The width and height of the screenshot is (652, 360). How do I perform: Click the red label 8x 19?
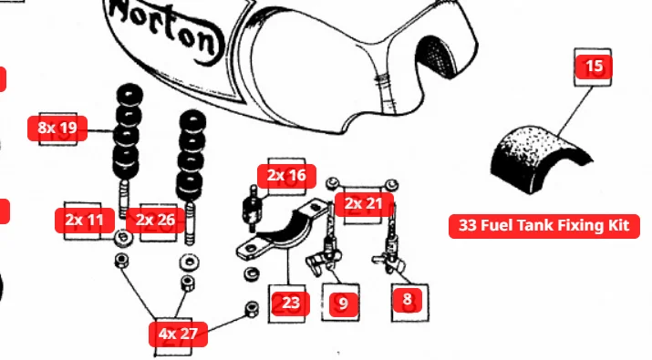[57, 128]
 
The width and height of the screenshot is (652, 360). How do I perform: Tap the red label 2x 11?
[85, 220]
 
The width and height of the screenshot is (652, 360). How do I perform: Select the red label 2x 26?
[155, 220]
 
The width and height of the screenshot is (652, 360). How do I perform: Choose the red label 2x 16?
[286, 176]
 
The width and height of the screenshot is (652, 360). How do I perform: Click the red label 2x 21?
[364, 204]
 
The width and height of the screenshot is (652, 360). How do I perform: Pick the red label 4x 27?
[178, 334]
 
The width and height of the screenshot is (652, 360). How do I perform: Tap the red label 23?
[290, 303]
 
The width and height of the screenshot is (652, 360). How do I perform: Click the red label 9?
[344, 303]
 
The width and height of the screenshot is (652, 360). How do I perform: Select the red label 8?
[407, 299]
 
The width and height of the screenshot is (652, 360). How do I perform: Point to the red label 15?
[594, 67]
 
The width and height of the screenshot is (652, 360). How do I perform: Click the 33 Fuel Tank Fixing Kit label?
[543, 226]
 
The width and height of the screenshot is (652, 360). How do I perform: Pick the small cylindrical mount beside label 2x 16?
[252, 208]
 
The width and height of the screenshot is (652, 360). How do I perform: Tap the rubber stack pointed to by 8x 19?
[128, 132]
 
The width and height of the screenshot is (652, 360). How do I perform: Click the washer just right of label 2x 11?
[123, 238]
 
